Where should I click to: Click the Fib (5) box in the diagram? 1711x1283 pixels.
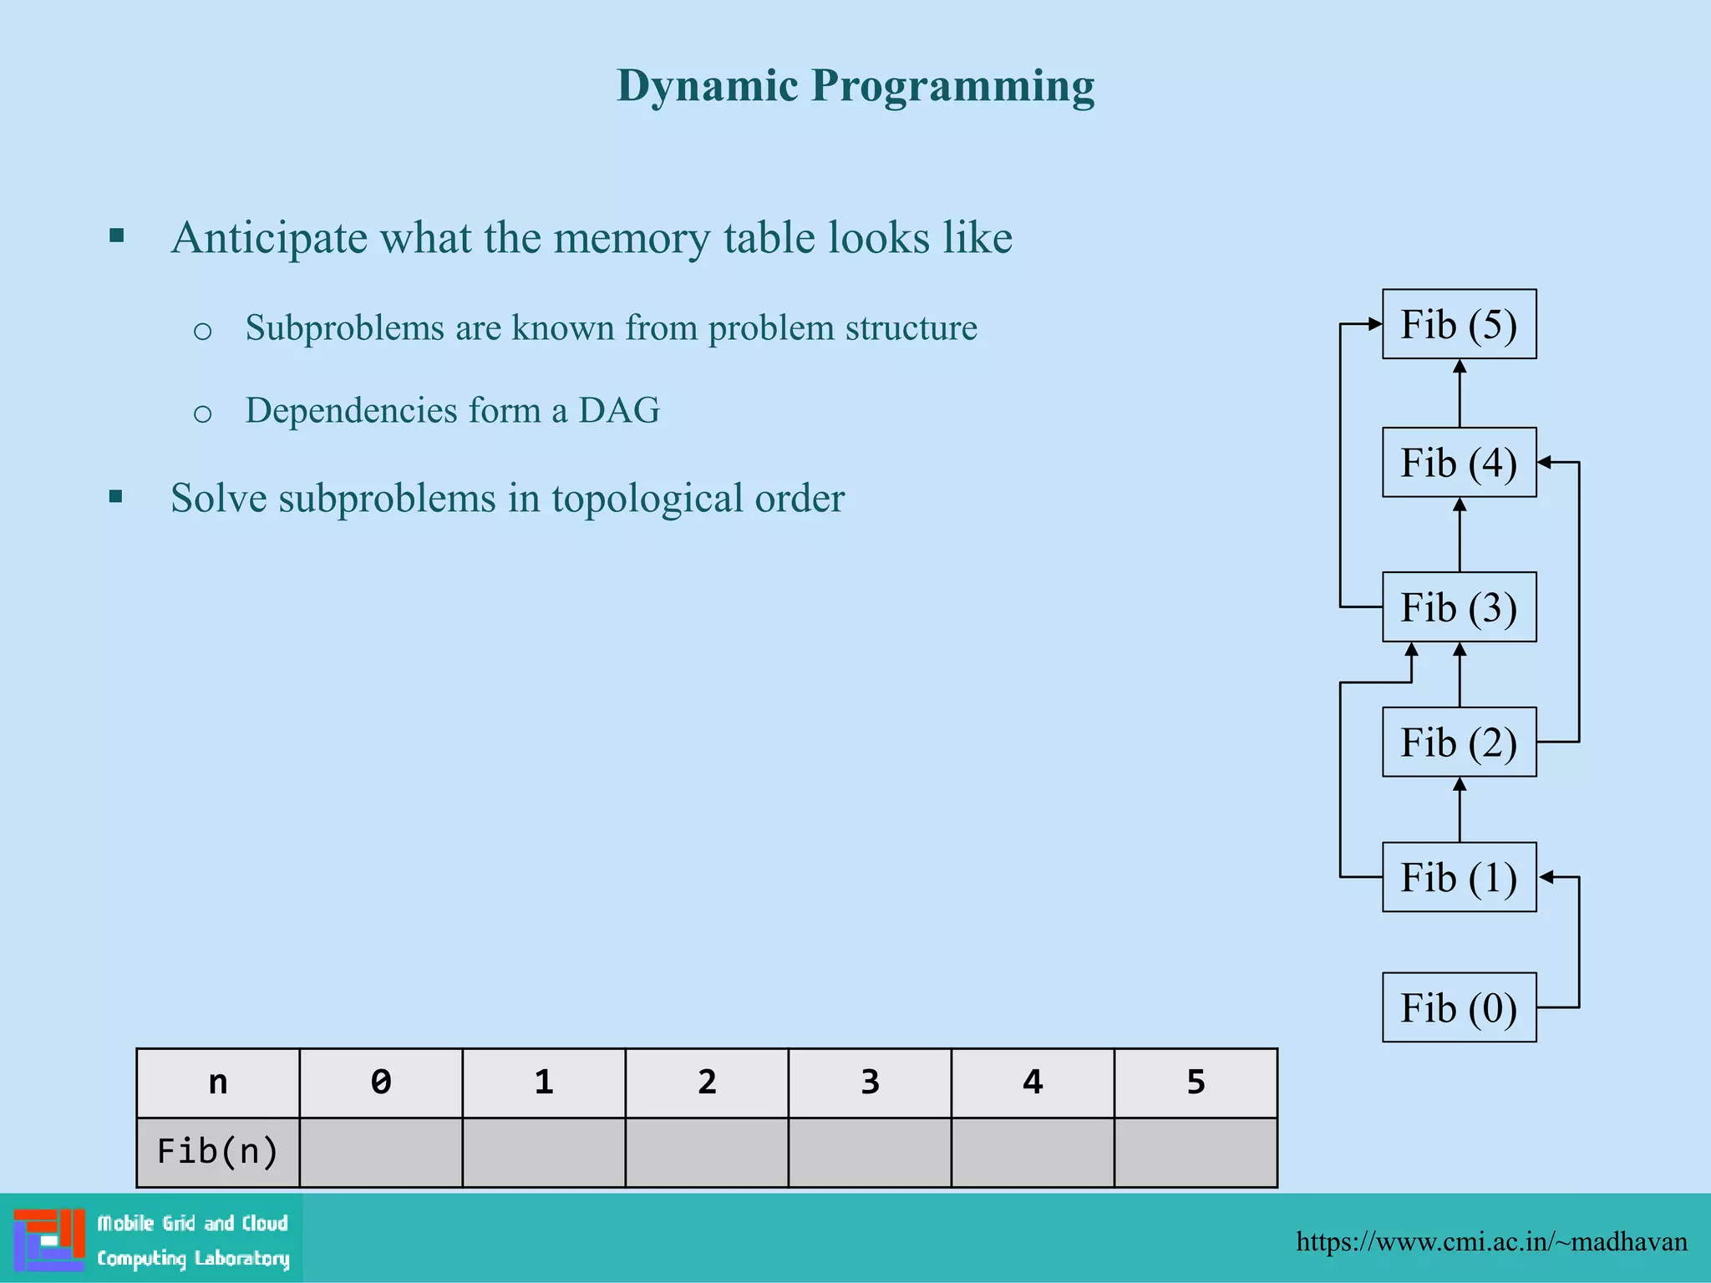coord(1459,324)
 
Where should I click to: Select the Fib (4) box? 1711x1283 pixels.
coord(1459,463)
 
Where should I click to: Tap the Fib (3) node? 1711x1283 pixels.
coord(1459,607)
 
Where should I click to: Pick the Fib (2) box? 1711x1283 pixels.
coord(1459,743)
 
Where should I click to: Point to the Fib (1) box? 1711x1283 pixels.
coord(1459,877)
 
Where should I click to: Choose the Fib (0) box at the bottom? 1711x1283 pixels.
coord(1459,1007)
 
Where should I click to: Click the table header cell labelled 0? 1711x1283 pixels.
coord(381,1083)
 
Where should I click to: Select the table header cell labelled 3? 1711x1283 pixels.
coord(870,1083)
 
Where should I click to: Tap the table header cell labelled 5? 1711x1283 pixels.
coord(1196,1083)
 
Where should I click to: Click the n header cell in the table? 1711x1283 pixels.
coord(218,1083)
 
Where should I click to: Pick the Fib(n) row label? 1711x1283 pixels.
coord(218,1152)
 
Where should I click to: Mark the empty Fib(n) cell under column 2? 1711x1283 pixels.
coord(707,1152)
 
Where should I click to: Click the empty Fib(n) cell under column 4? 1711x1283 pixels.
coord(1033,1152)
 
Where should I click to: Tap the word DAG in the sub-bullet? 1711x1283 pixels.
coord(619,410)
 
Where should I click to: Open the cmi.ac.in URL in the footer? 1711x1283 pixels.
coord(1491,1241)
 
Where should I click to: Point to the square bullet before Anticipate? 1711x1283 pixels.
coord(117,236)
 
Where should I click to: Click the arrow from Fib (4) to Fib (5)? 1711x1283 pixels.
coord(1460,393)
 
